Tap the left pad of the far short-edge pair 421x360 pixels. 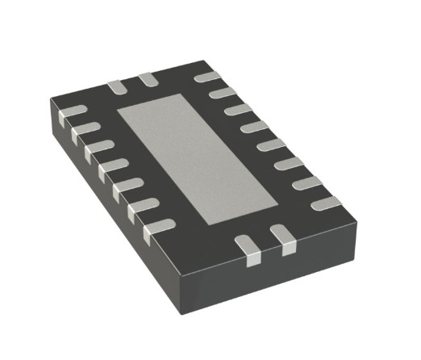pos(115,85)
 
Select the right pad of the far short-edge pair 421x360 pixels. pos(147,79)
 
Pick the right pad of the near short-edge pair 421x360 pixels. pos(283,238)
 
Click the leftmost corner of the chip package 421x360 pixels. pos(49,101)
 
